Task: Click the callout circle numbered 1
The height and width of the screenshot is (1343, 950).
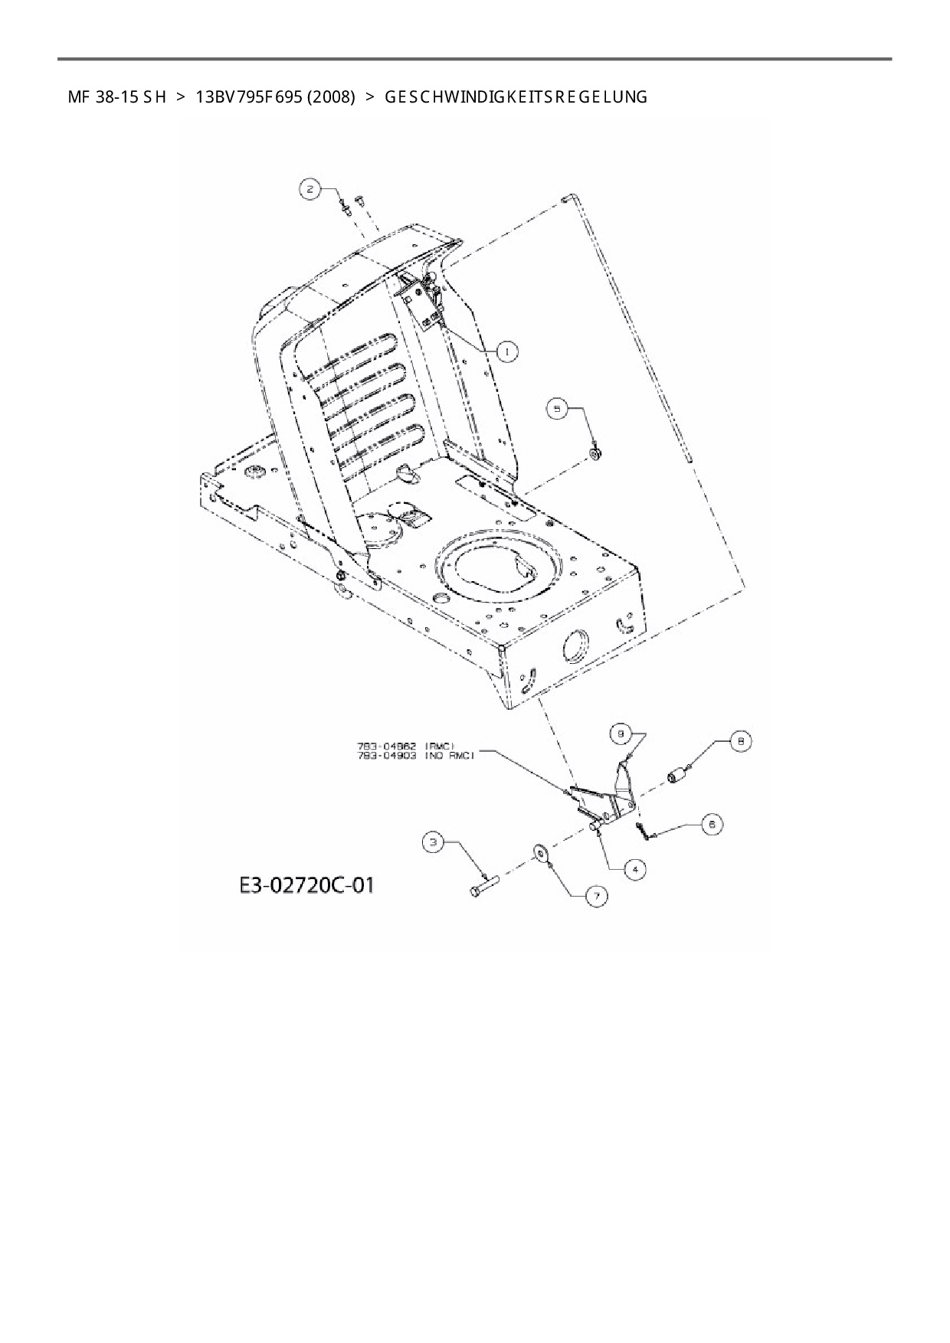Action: [x=507, y=351]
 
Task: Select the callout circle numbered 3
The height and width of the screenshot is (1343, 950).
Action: [x=434, y=843]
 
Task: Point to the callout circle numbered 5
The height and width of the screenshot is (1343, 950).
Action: [x=557, y=409]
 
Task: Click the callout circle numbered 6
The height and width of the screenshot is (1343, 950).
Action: [x=712, y=825]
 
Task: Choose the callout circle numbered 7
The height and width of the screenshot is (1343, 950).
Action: [x=595, y=895]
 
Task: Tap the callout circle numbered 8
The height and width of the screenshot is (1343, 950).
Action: [x=740, y=741]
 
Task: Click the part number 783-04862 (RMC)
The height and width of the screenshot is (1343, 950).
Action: [x=406, y=745]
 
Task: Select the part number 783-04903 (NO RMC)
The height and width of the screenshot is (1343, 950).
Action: [x=416, y=755]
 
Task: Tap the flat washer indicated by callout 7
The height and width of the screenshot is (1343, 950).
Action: [x=543, y=853]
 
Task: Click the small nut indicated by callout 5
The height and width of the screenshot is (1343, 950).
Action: [x=595, y=454]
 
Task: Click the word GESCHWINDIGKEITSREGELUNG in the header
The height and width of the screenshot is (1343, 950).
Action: [x=516, y=97]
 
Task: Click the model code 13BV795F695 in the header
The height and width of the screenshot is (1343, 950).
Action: [x=249, y=97]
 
